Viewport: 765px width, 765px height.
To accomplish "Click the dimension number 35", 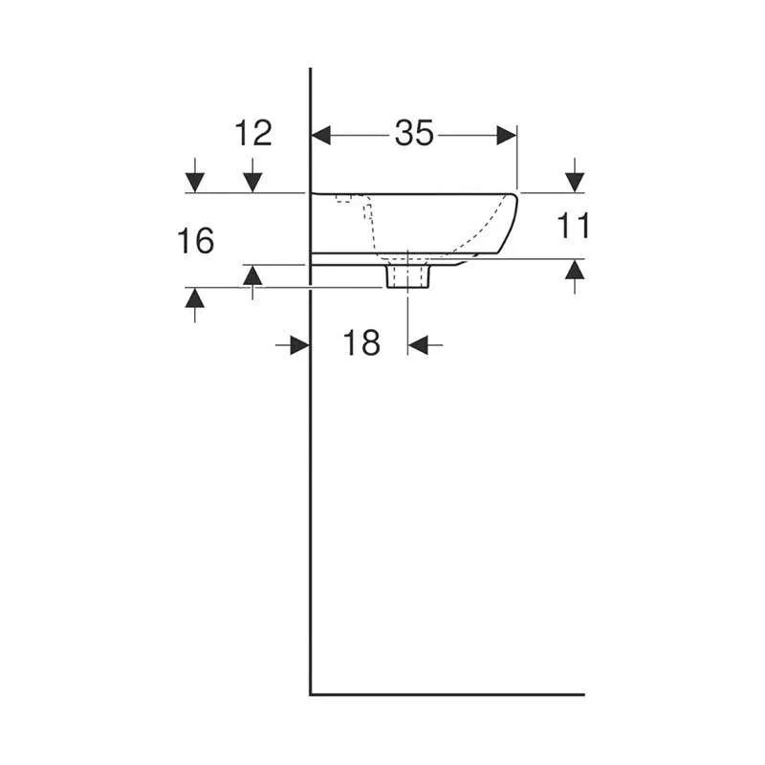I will coord(414,135).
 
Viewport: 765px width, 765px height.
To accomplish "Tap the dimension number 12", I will coord(253,133).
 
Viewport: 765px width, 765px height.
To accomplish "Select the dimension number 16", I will coord(195,241).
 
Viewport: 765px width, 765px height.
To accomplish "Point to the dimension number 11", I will coord(574,227).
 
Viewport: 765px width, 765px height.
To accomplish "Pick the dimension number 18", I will coord(361,342).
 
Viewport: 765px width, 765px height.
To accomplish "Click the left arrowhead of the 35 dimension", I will coord(322,136).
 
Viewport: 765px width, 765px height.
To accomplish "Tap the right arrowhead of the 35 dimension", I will coord(506,136).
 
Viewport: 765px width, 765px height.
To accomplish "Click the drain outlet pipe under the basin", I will coord(407,276).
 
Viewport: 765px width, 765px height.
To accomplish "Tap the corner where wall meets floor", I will coord(312,694).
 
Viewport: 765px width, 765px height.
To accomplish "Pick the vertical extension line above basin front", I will coord(516,158).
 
